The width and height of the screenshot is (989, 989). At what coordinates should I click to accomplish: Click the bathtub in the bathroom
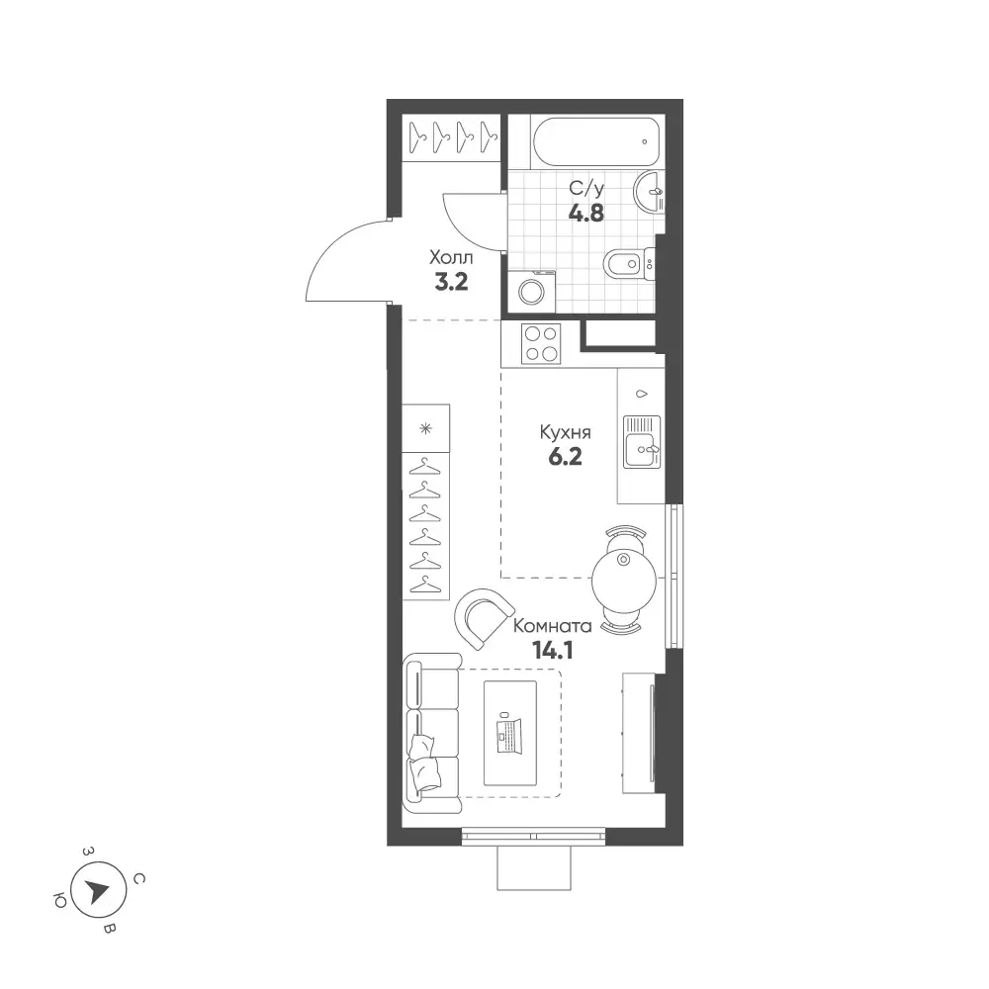pos(596,141)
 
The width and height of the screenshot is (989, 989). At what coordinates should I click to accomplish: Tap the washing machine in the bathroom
pos(532,291)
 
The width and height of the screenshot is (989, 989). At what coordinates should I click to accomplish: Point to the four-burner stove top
pos(541,344)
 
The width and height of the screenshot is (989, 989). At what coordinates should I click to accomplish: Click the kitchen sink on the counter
pos(642,441)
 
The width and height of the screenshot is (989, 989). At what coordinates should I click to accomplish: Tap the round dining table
pos(624,581)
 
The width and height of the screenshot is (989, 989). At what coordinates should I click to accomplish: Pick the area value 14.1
pos(553,651)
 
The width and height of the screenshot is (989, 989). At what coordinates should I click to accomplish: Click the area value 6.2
pos(565,457)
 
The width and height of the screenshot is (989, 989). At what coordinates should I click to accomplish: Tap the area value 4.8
pos(586,214)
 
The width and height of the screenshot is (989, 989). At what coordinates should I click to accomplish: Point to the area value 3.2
pos(452,282)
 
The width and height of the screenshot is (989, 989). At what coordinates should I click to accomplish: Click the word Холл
pos(451,258)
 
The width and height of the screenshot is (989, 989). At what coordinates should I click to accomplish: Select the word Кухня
pos(565,433)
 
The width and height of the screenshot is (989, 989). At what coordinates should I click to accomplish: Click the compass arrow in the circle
pos(98,891)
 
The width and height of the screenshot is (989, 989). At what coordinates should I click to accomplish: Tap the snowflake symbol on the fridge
pos(426,429)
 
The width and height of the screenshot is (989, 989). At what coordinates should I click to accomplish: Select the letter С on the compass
pos(139,878)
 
